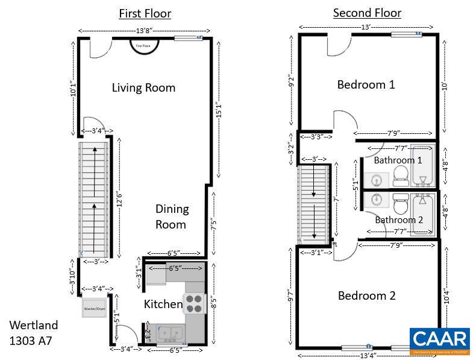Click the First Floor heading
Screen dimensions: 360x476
pyautogui.click(x=145, y=13)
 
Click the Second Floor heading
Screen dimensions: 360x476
pyautogui.click(x=367, y=13)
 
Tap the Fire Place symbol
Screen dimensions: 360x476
pyautogui.click(x=145, y=45)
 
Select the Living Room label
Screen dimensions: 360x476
pyautogui.click(x=143, y=87)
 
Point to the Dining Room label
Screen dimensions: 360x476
pyautogui.click(x=172, y=216)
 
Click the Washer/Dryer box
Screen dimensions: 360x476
pyautogui.click(x=94, y=308)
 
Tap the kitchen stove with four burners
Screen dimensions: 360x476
pyautogui.click(x=194, y=303)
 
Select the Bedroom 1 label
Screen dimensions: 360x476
pyautogui.click(x=366, y=84)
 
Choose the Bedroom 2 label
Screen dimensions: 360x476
pyautogui.click(x=366, y=295)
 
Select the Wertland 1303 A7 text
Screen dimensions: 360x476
pyautogui.click(x=34, y=333)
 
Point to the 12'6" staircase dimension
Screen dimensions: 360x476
pyautogui.click(x=120, y=197)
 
